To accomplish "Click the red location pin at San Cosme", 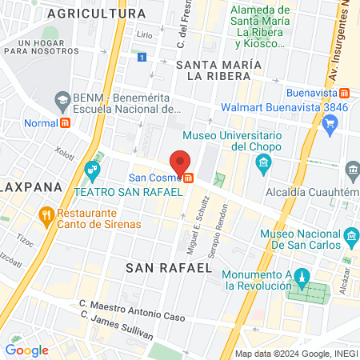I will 181,161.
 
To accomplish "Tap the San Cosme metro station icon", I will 188,178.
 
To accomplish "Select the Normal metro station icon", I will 66,124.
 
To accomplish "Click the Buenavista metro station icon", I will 342,93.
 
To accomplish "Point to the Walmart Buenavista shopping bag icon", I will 333,122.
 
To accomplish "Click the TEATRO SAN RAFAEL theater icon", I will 93,170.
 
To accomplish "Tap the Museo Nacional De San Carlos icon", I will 350,237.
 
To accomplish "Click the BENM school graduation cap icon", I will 62,99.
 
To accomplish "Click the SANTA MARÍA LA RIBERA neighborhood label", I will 218,70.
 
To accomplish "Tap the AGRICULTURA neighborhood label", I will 107,14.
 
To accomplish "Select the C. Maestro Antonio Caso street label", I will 131,305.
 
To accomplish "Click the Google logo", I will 26,350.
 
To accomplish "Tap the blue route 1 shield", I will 142,58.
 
